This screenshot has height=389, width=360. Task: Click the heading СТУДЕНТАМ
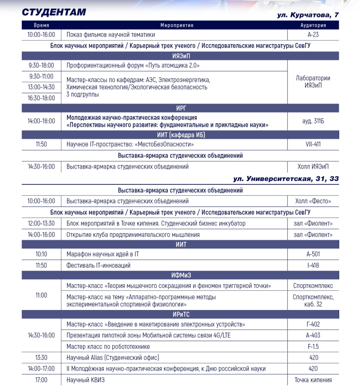(54, 12)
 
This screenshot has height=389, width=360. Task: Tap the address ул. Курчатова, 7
(308, 15)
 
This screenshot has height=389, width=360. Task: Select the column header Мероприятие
(176, 25)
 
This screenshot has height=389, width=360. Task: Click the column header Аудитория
(313, 25)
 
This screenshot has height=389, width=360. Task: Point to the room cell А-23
(313, 34)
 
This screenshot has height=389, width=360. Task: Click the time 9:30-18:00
(41, 66)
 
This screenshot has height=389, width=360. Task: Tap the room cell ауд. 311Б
(313, 121)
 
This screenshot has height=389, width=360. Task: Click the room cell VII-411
(313, 144)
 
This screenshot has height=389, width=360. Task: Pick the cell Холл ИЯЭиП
(313, 166)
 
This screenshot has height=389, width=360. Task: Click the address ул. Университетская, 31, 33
(286, 179)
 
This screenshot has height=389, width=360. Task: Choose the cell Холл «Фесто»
(313, 201)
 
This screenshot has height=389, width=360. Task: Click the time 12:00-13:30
(41, 223)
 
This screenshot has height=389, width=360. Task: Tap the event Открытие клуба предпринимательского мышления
(133, 234)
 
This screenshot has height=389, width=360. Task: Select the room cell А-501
(313, 254)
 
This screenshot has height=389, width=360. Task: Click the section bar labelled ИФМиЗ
(180, 275)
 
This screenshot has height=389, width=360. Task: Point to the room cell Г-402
(313, 324)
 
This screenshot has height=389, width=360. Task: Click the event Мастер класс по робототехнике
(108, 346)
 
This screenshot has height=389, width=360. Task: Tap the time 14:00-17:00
(41, 368)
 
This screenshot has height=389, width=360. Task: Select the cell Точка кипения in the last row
(313, 380)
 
